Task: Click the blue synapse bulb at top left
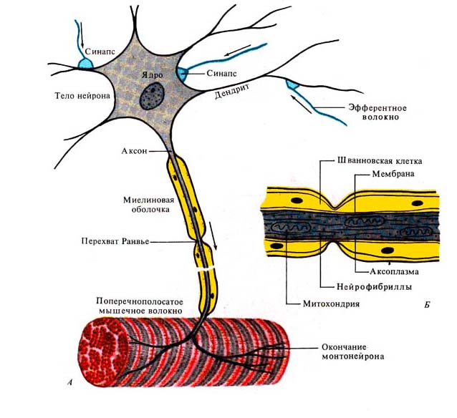85,64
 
